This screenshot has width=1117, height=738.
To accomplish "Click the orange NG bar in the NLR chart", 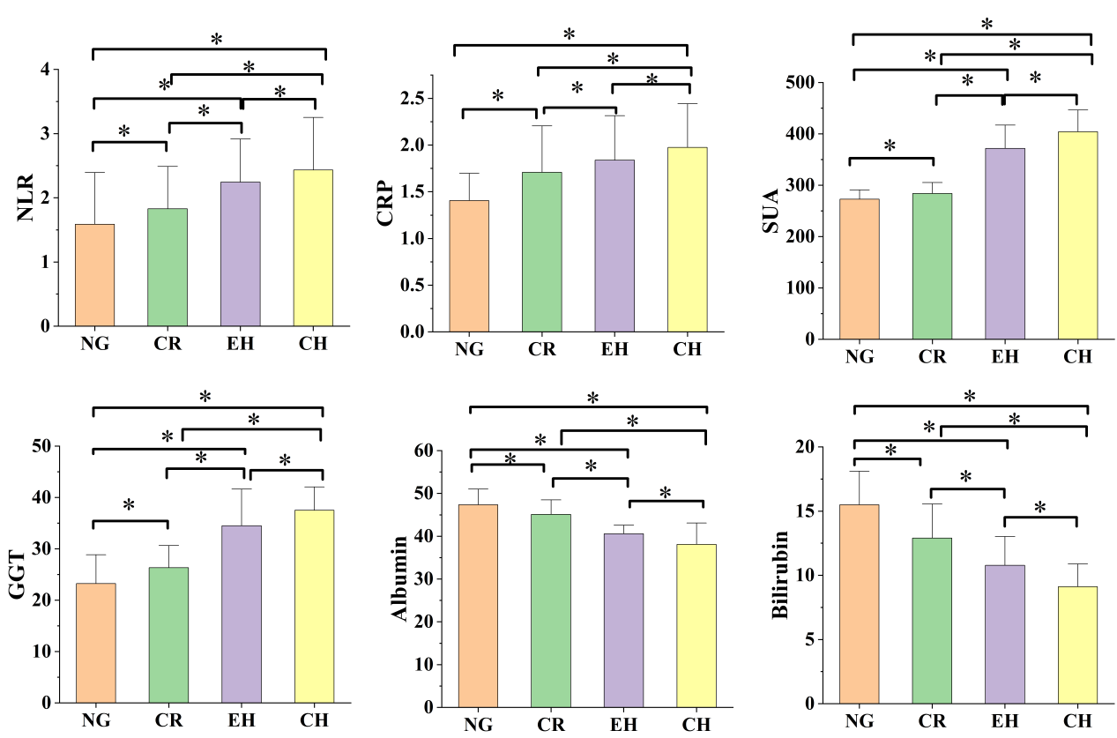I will (94, 275).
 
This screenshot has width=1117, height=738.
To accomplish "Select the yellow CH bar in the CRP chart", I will (687, 240).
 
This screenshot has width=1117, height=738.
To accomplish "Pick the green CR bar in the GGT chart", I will (168, 635).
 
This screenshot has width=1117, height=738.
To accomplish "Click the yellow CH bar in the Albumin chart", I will (696, 625).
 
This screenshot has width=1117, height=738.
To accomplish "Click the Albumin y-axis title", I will (401, 578).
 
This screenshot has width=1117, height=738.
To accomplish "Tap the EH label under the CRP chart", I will (614, 348).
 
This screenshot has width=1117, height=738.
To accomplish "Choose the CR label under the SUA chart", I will (932, 356).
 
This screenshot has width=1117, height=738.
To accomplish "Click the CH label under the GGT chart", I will (314, 720).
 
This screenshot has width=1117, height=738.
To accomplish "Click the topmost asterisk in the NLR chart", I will (216, 40).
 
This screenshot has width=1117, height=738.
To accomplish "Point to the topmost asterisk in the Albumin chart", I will (592, 399).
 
